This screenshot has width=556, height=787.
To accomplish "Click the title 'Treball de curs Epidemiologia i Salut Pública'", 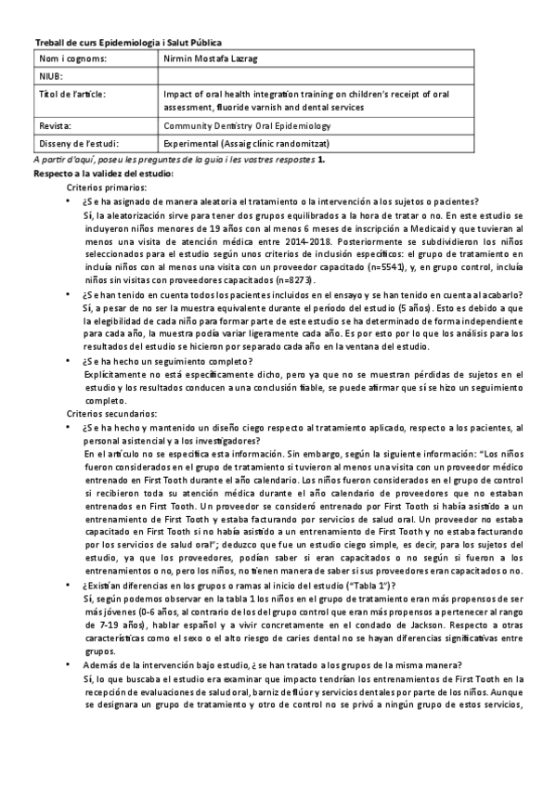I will [x=128, y=43].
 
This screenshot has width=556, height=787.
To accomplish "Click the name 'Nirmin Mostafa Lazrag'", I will [x=211, y=59].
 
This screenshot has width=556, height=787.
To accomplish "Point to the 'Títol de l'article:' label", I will [x=71, y=94].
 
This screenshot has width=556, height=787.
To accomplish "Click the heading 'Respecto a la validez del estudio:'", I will [x=103, y=174].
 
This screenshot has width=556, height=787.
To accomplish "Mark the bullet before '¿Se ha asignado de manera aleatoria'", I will [x=72, y=201].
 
